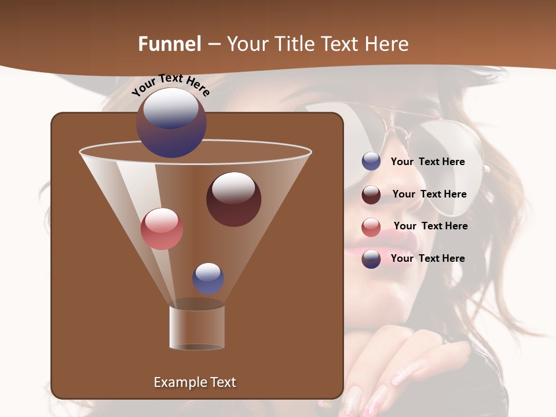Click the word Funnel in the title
[169, 44]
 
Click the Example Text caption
[195, 382]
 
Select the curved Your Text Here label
[170, 83]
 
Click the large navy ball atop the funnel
[171, 122]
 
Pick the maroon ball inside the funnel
[233, 199]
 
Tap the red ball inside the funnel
[162, 229]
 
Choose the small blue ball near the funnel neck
[208, 278]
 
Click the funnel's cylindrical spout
[197, 328]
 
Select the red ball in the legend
[371, 227]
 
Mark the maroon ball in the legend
[371, 195]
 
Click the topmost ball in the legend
[371, 161]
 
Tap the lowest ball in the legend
[371, 259]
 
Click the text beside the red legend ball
[430, 226]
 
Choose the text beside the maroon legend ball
[429, 194]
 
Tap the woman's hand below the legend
[405, 365]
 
